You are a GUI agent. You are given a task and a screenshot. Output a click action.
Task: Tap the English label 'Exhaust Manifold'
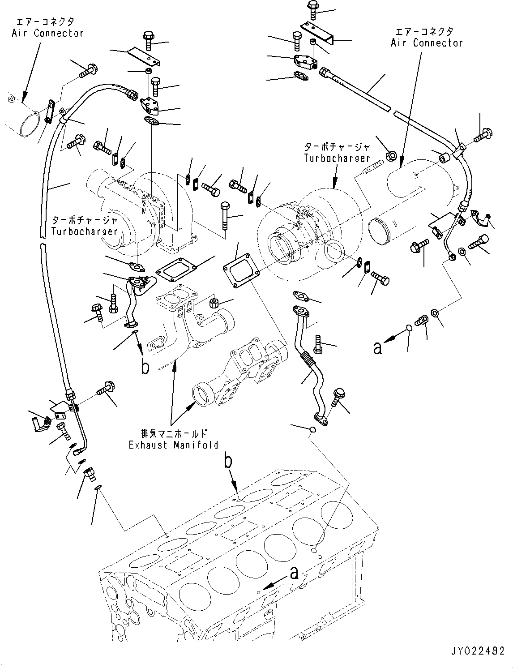[x=173, y=445]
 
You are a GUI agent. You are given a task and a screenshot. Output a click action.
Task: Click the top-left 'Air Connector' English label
[x=47, y=33]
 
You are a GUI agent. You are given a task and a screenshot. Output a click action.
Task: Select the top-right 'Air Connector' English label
[x=426, y=43]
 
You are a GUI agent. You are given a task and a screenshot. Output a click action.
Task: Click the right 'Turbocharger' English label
[x=337, y=158]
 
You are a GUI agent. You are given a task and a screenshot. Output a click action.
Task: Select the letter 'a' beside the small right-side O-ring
[x=378, y=347]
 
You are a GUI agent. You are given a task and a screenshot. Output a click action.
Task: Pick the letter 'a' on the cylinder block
[x=294, y=573]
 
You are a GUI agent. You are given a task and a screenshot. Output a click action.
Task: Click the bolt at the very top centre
[x=312, y=10]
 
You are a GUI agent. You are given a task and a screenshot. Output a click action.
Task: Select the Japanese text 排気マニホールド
[x=173, y=433]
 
